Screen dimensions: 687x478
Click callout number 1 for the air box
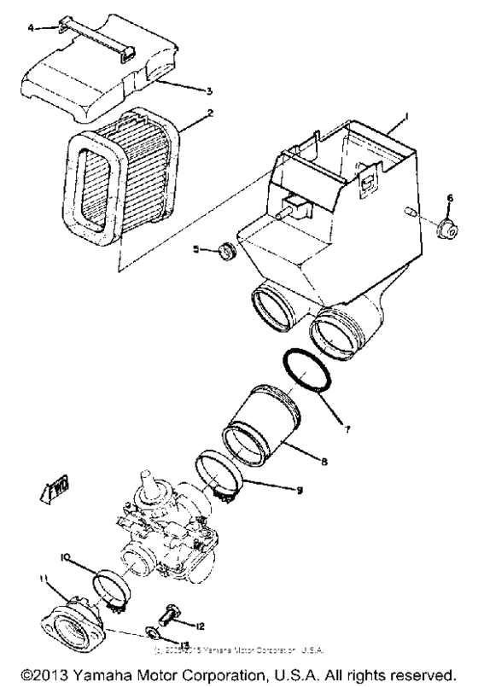(407, 115)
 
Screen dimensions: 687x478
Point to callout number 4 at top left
(32, 28)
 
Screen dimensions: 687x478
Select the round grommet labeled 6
(444, 230)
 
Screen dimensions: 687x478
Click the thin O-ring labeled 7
(306, 370)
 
